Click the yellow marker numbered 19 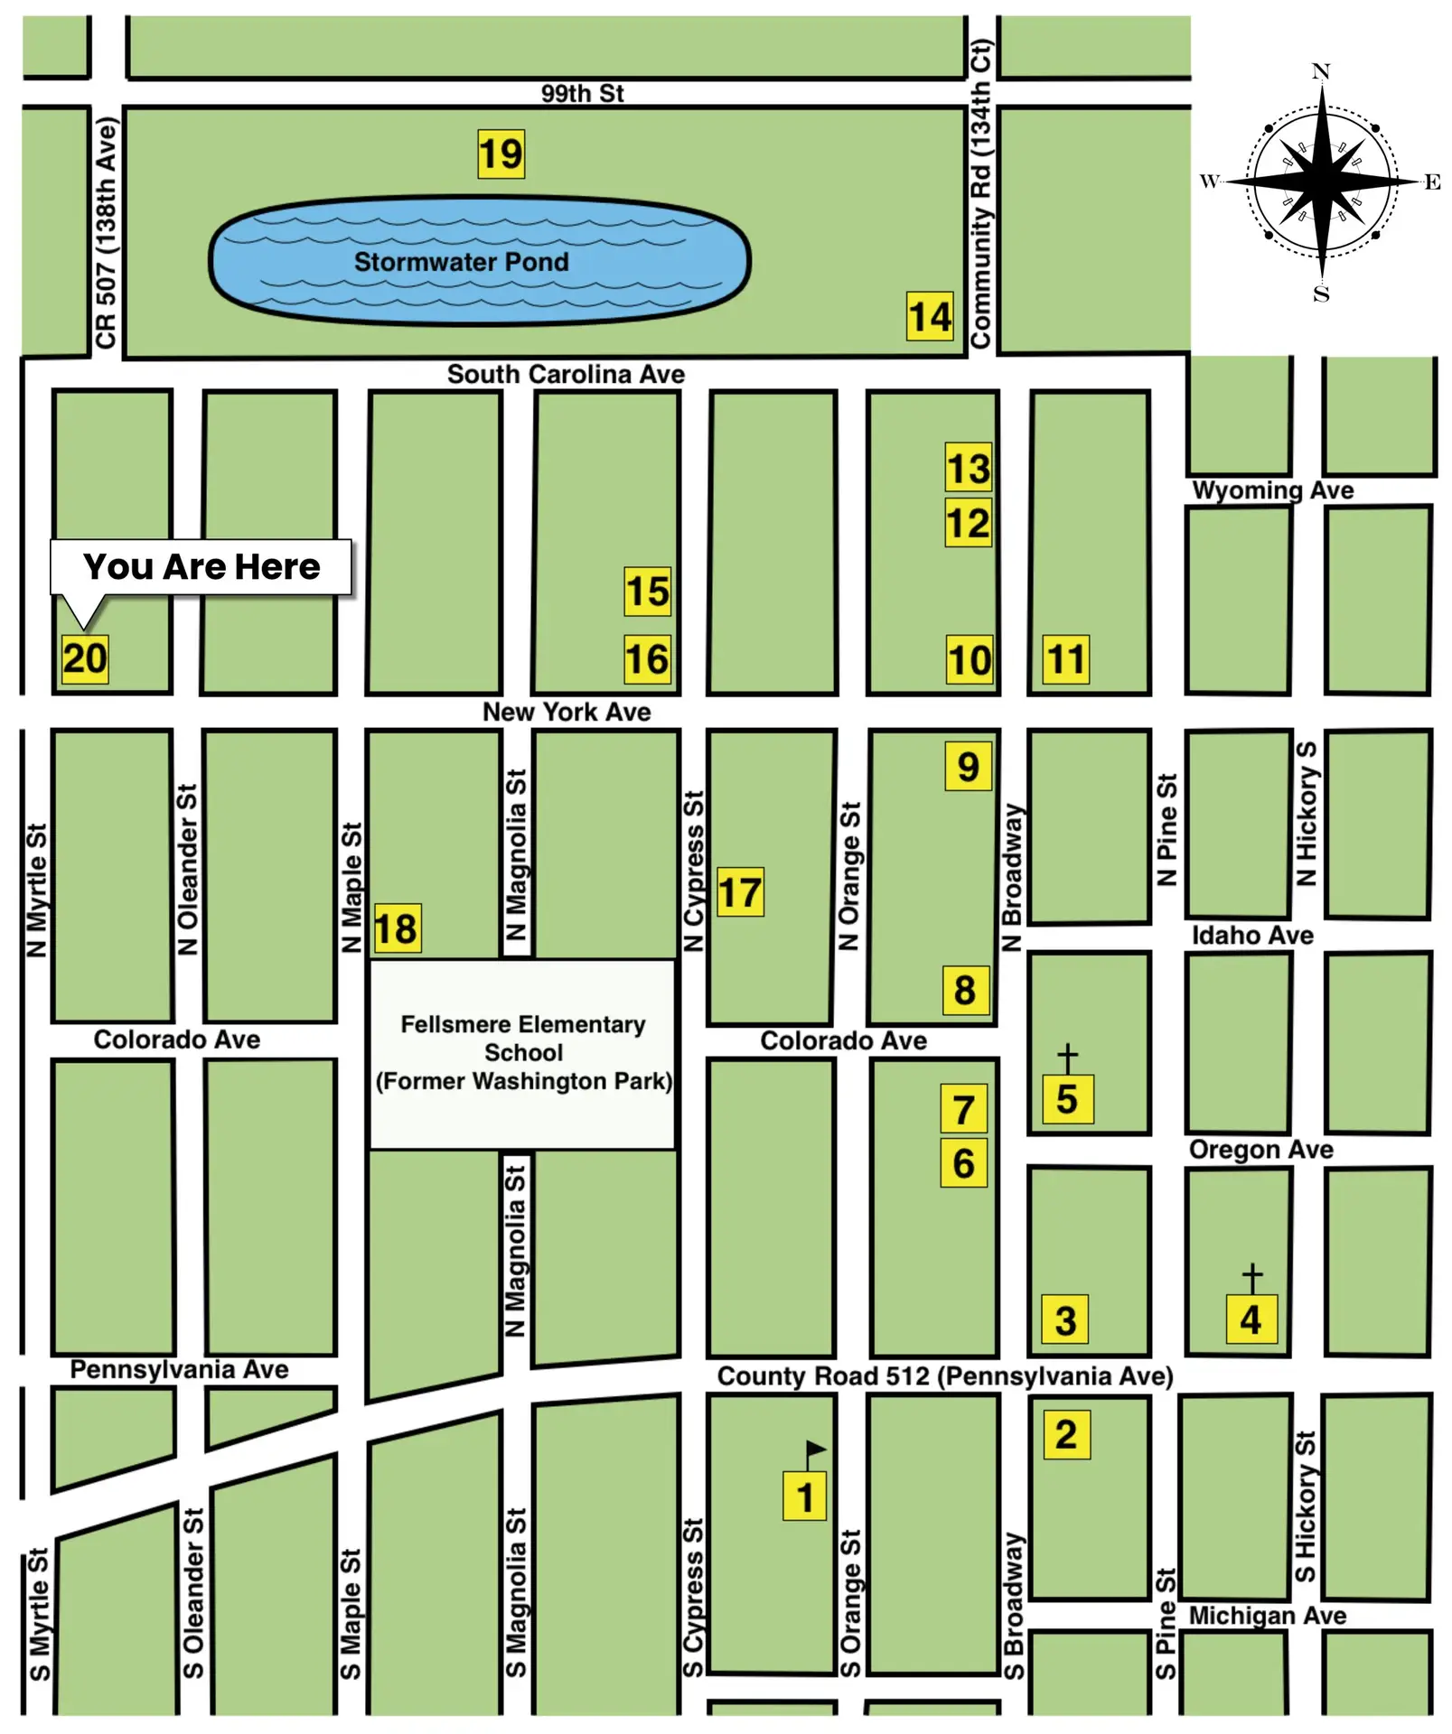(501, 154)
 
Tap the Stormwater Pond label (461, 262)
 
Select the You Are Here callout (201, 567)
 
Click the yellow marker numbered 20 (85, 657)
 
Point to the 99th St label (582, 93)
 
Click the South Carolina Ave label (566, 374)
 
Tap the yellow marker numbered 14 (930, 316)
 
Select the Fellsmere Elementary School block (522, 1054)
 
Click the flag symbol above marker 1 (814, 1450)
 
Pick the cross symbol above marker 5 (1067, 1058)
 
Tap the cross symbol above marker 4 (1251, 1277)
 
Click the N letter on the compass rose (1320, 71)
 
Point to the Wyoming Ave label (1272, 490)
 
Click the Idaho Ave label (1251, 935)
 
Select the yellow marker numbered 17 (740, 892)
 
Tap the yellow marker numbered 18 (397, 928)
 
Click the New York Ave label (566, 712)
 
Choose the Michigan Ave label (1267, 1616)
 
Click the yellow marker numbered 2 (1066, 1434)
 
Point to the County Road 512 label (944, 1376)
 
